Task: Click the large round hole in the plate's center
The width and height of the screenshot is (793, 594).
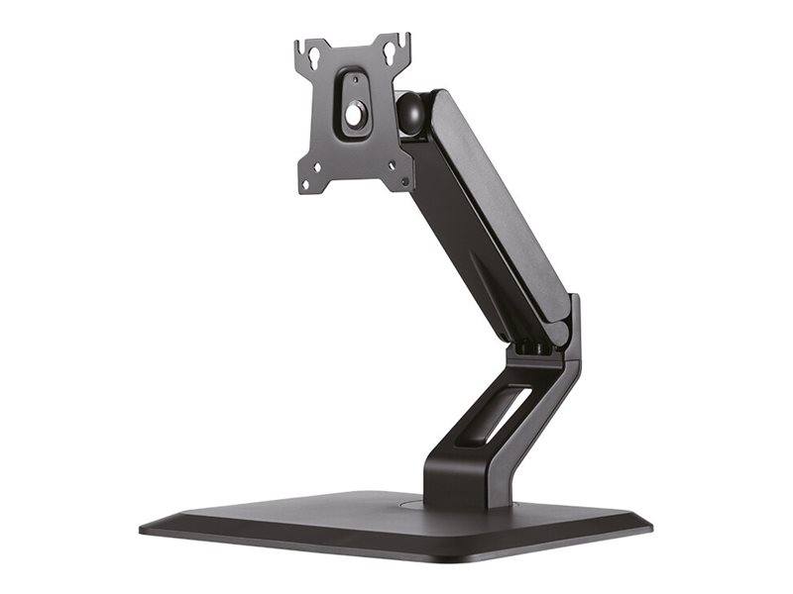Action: (354, 114)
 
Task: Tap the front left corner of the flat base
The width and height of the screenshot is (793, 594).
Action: (149, 527)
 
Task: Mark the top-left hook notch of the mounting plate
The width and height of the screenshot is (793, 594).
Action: (302, 46)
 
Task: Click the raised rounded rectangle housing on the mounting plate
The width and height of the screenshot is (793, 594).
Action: (354, 104)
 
